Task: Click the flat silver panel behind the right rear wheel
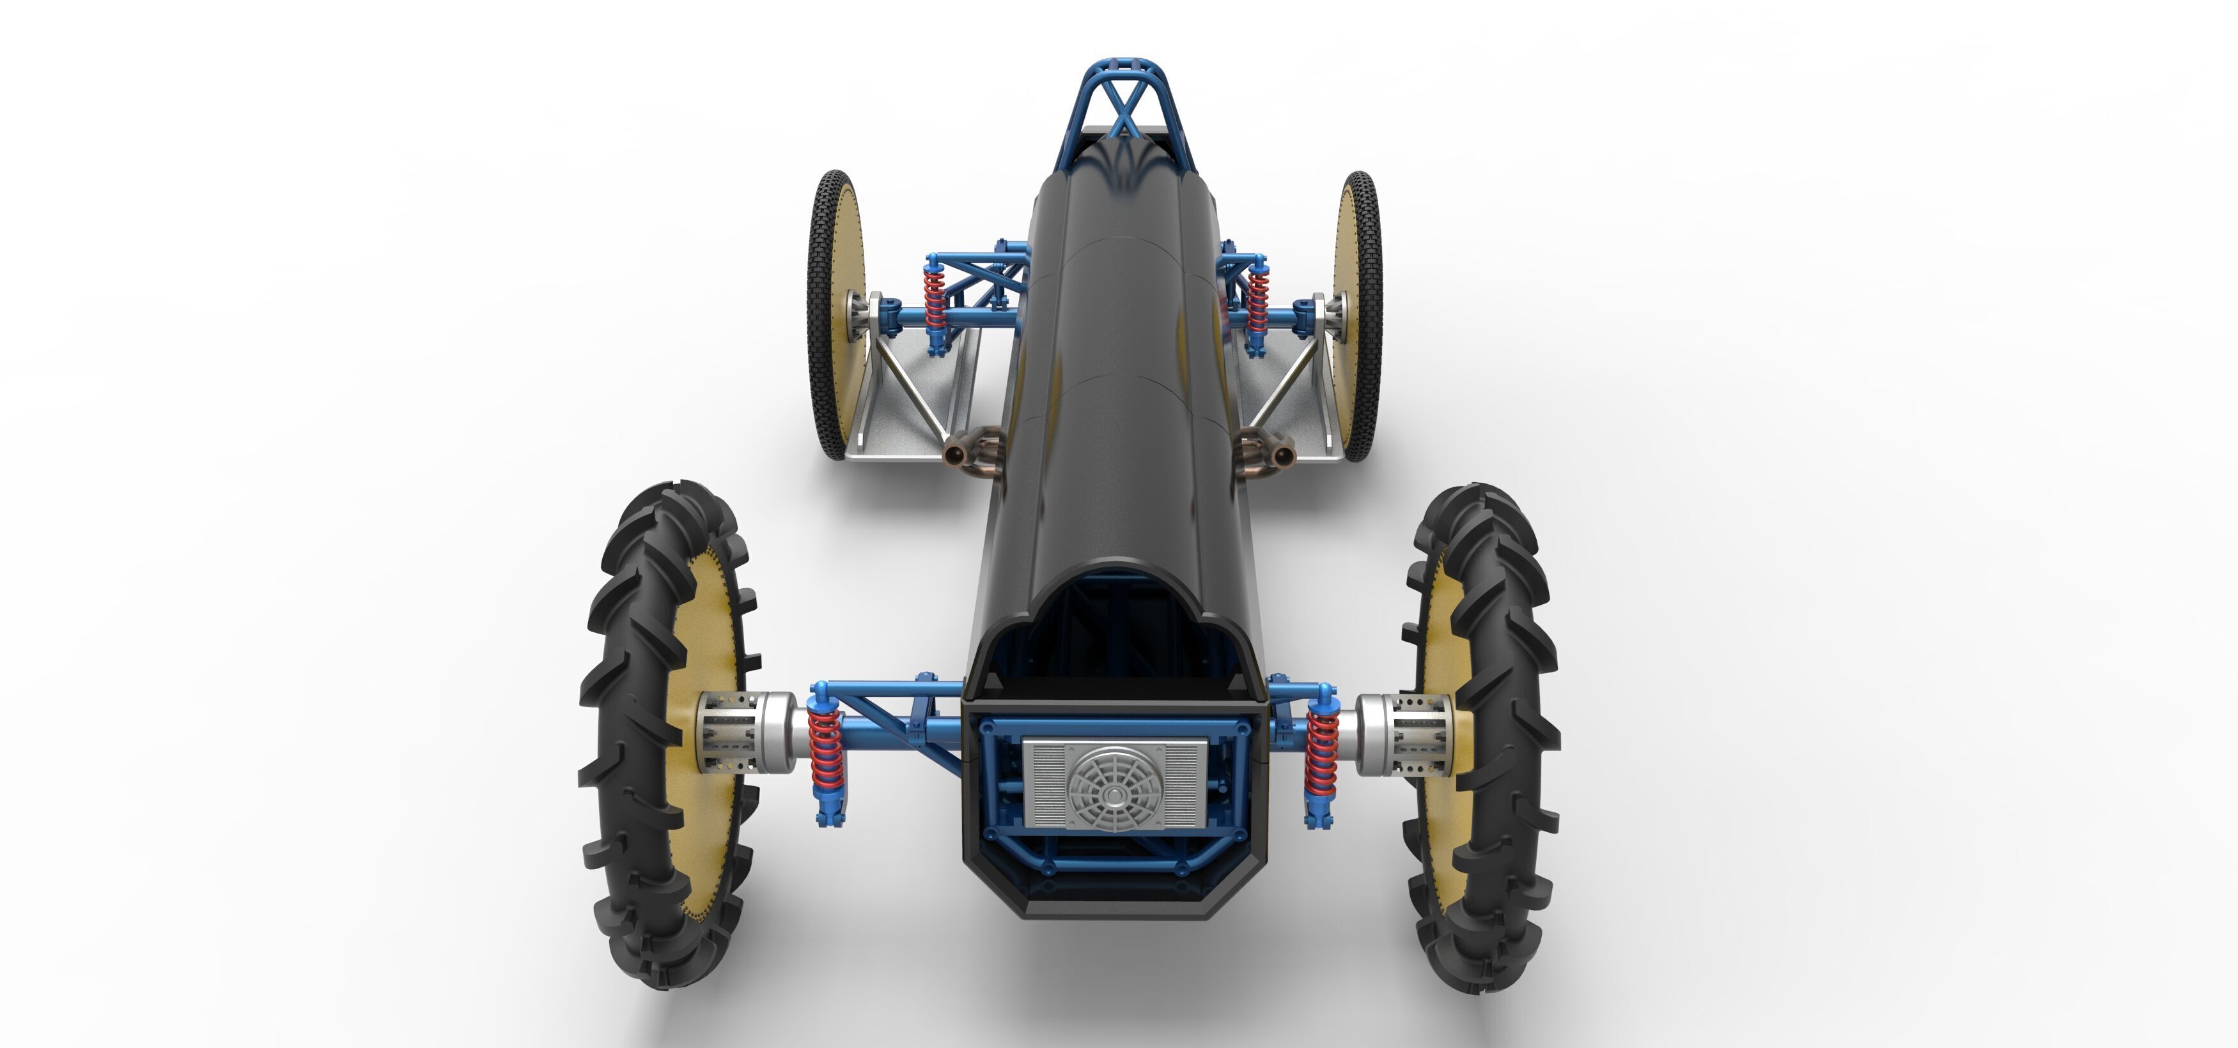click(x=1303, y=417)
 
